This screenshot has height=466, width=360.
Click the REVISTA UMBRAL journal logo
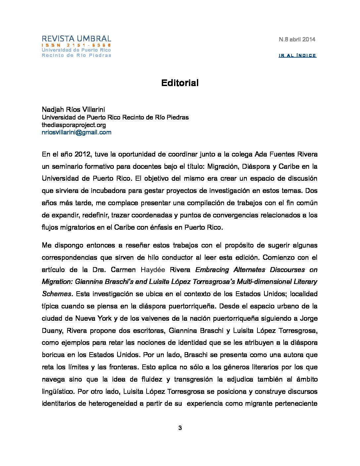click(x=76, y=38)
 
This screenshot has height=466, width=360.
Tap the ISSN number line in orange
click(x=76, y=45)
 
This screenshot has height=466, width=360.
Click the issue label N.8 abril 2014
click(x=297, y=39)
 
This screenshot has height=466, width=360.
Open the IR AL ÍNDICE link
click(x=297, y=55)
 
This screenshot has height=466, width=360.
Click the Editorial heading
click(x=180, y=83)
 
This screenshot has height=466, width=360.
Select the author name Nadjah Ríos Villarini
click(x=73, y=110)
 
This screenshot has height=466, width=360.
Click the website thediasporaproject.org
click(x=74, y=125)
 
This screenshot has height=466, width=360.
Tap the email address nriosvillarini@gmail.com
click(x=76, y=132)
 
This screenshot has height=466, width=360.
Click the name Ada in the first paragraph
click(x=261, y=154)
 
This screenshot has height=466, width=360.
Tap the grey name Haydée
click(x=153, y=270)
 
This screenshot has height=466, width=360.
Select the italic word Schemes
click(x=57, y=294)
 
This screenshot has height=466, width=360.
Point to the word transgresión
click(x=194, y=379)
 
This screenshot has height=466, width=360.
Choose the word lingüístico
click(x=58, y=392)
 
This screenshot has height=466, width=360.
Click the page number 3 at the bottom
click(x=180, y=428)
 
